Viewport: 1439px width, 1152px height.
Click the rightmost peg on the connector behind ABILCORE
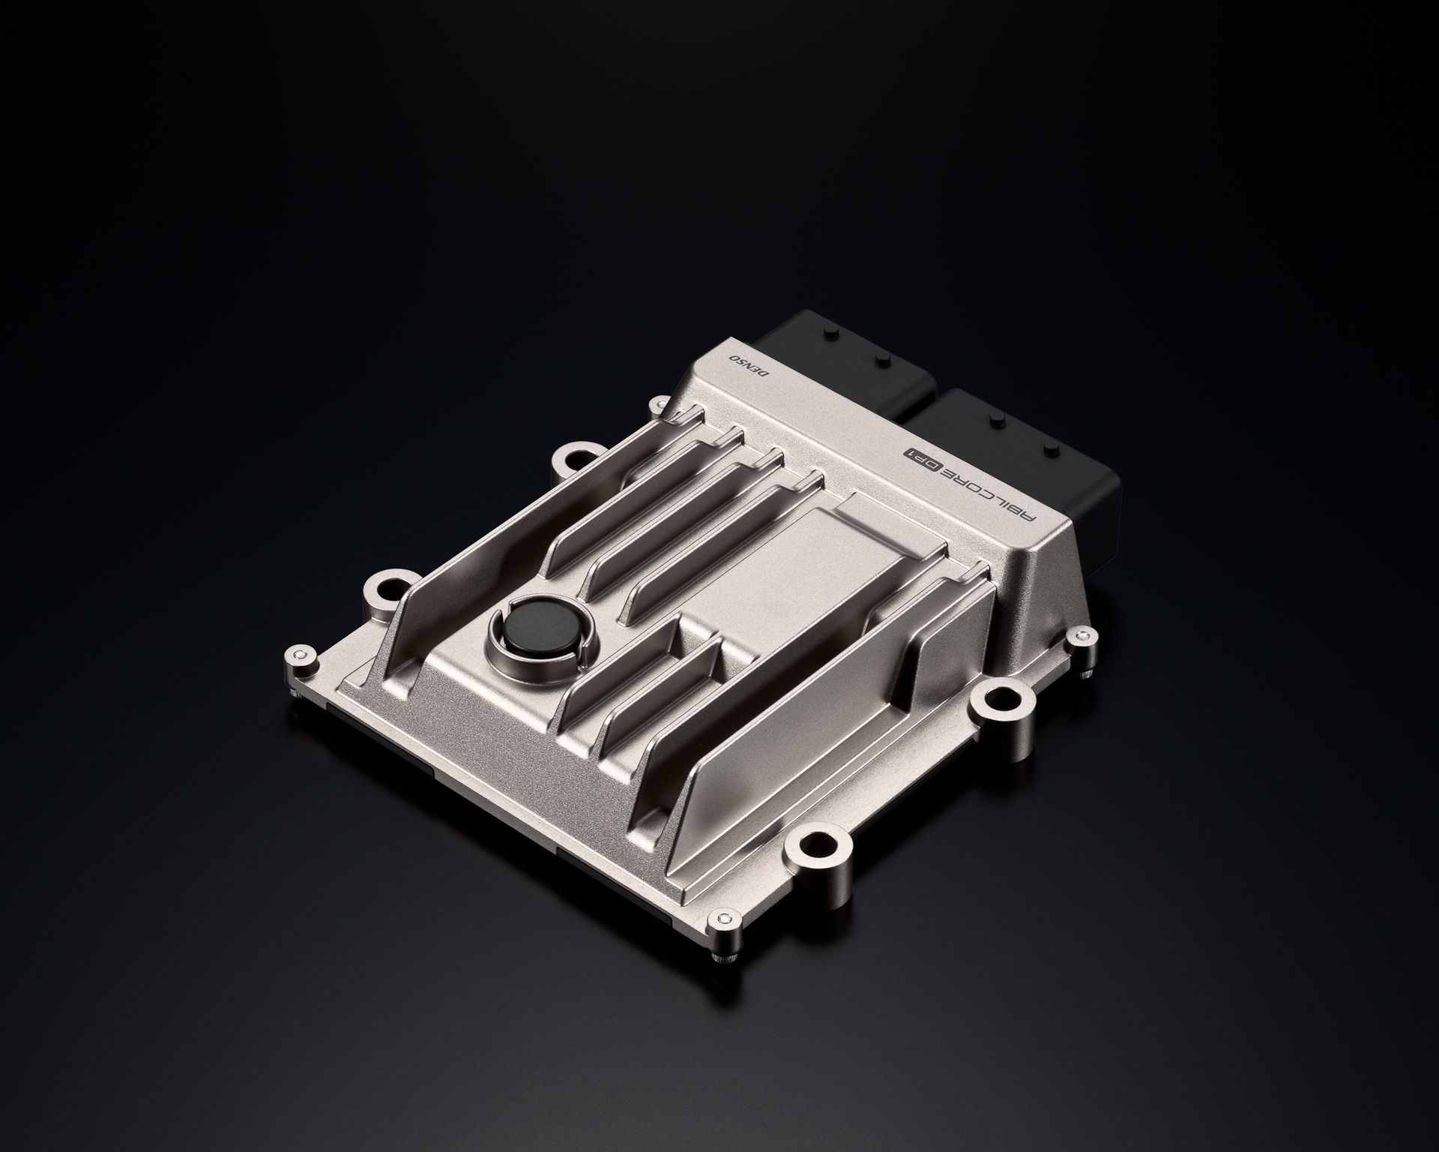(1049, 449)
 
